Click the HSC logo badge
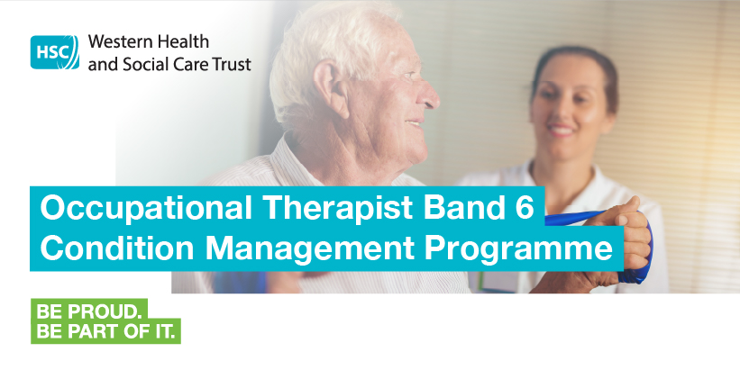click(55, 52)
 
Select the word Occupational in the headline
click(146, 208)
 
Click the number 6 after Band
click(525, 208)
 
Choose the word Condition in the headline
click(116, 248)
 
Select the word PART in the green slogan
click(94, 332)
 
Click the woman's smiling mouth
click(562, 130)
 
